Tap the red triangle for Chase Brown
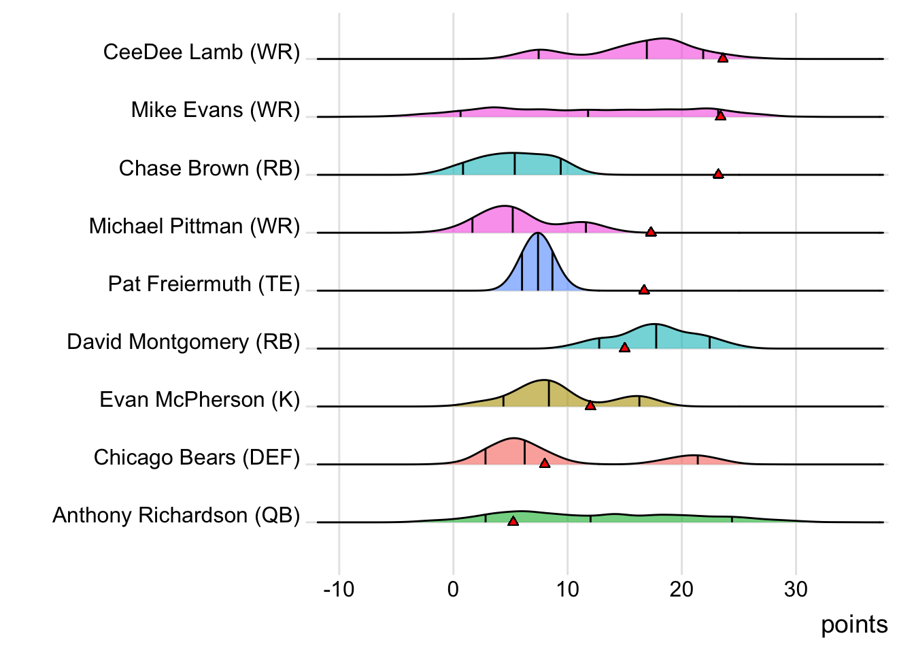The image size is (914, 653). point(718,174)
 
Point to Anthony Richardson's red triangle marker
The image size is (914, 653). point(513,521)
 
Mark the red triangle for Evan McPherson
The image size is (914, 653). point(590,405)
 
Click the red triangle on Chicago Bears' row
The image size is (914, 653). point(545,463)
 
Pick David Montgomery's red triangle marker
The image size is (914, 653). point(624,348)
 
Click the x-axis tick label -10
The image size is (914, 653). point(339,589)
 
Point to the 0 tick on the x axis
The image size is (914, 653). point(453,589)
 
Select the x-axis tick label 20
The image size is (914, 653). point(681,589)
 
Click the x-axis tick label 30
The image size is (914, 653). point(796,589)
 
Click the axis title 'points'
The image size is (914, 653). point(854,624)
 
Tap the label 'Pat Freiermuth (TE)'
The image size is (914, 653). point(204,284)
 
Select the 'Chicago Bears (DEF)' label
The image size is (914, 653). point(197,457)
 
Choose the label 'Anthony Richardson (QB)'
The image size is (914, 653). point(176,515)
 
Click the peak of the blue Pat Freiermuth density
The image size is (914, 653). point(538,234)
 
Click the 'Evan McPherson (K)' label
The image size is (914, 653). point(199,399)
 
